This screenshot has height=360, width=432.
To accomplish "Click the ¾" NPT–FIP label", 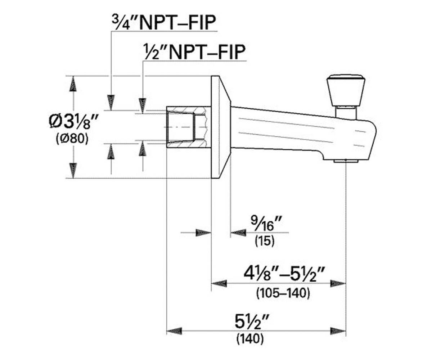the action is click(x=164, y=22).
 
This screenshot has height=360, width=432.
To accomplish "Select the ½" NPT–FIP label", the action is click(x=195, y=52).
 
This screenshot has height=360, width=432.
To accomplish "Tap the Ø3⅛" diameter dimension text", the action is click(x=73, y=122).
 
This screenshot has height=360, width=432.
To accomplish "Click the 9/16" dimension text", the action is click(x=266, y=224).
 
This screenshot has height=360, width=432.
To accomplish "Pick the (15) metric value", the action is click(x=265, y=241).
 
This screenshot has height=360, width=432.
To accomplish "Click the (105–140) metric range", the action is click(x=283, y=293).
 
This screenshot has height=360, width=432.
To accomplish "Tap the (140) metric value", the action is click(x=250, y=338).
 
